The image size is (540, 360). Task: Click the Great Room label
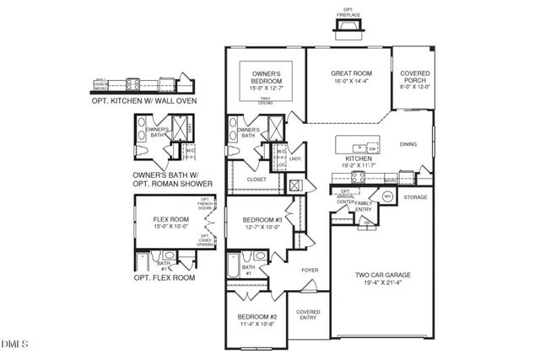pos(351,78)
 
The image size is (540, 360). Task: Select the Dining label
pos(408,144)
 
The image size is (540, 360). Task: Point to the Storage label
pos(415,197)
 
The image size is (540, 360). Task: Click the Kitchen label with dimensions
pos(359,163)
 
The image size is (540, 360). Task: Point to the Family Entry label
pos(364,207)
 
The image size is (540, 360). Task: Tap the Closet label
pos(256,179)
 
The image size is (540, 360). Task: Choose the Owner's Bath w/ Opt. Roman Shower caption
pos(172,180)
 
